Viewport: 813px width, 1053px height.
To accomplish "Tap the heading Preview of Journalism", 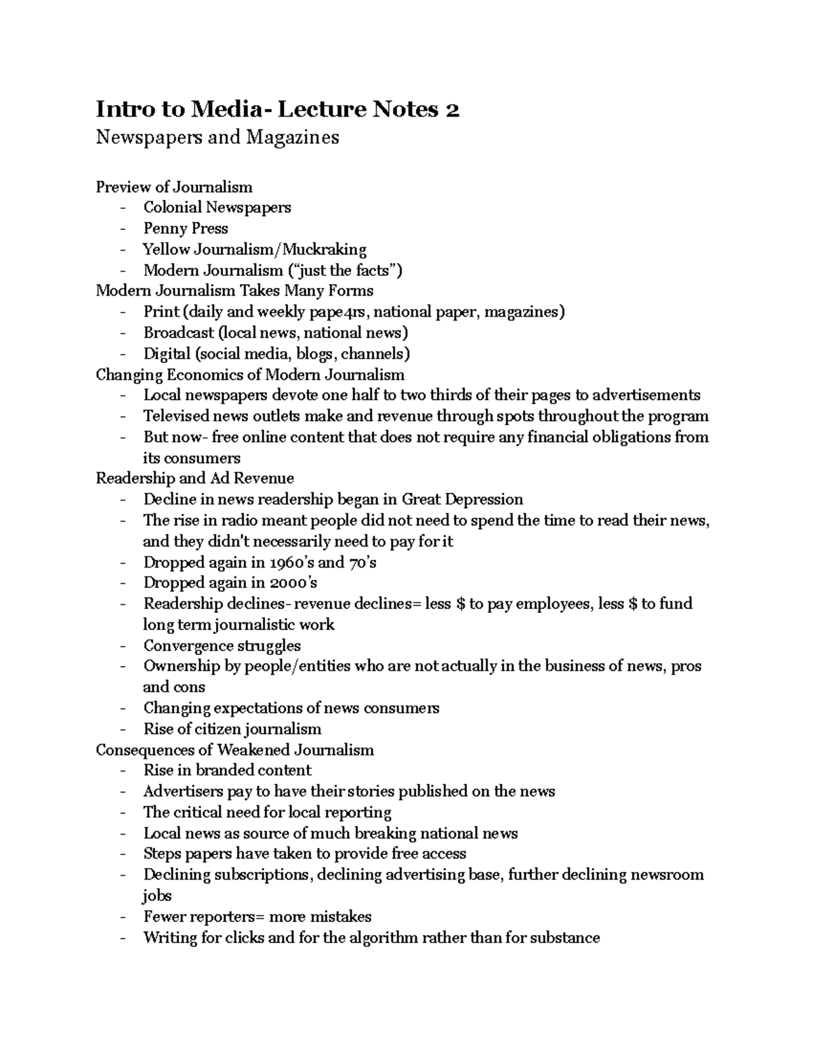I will coord(174,186).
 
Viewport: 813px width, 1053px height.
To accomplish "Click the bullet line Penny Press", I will coord(185,229).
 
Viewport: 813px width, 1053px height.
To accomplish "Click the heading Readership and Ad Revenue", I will coord(194,479).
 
